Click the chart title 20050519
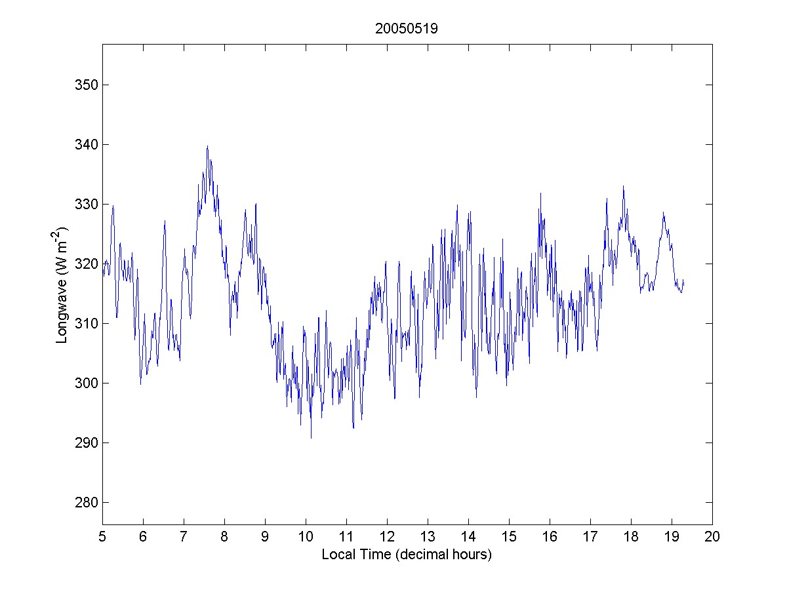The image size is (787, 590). (407, 29)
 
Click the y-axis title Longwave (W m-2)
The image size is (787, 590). (62, 285)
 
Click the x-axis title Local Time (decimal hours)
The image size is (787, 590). (407, 555)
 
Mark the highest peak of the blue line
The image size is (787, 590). (207, 146)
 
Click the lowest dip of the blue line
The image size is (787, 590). (311, 438)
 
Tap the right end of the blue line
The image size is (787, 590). (683, 280)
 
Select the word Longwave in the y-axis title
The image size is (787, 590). (62, 314)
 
